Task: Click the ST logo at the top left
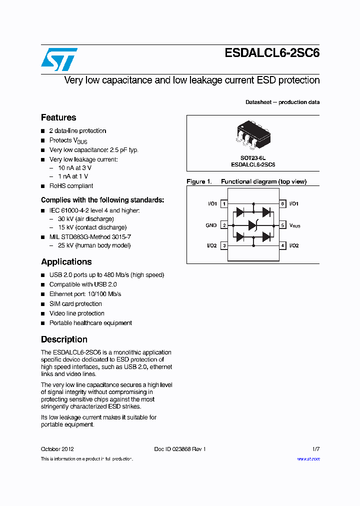coord(59,59)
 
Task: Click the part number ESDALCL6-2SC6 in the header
coord(272,53)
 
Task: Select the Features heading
coord(58,117)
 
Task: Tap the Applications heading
coord(66,261)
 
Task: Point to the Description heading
coord(64,339)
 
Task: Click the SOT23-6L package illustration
coord(252,134)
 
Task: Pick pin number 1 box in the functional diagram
coord(224,204)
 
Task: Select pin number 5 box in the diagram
coord(282,225)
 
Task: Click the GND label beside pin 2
coord(211,225)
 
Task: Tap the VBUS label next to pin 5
coord(294,226)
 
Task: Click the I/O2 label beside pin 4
coord(293,245)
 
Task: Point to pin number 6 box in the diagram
coord(282,204)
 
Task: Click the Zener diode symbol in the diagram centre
coord(253,225)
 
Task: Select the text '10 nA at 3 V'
coord(74,167)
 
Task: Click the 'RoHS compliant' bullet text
coord(71,186)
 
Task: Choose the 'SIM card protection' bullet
coord(75,303)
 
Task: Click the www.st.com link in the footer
coord(308,459)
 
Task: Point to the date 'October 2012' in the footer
coord(57,449)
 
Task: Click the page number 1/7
coord(315,449)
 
